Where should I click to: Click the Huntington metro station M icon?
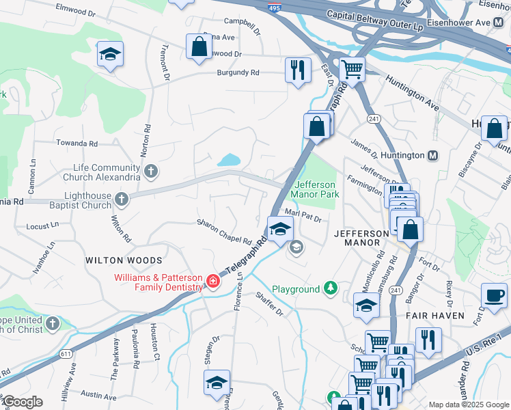(x=432, y=156)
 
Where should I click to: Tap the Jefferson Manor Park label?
(x=316, y=189)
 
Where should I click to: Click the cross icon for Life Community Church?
(x=151, y=170)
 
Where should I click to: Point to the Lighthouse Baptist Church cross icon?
(x=121, y=199)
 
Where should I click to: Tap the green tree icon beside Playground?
(x=331, y=288)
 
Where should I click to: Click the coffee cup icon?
(x=494, y=296)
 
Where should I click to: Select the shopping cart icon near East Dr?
(x=352, y=68)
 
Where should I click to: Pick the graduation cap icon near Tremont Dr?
(x=109, y=55)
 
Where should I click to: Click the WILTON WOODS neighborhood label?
(x=124, y=260)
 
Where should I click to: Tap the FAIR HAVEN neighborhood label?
(x=435, y=316)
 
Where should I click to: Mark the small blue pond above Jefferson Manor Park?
(x=228, y=161)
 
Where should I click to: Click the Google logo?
(x=22, y=402)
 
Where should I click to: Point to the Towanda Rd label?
(x=77, y=144)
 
